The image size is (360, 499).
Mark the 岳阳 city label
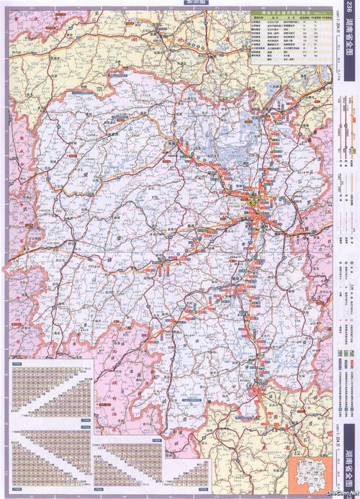pos(270,119)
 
